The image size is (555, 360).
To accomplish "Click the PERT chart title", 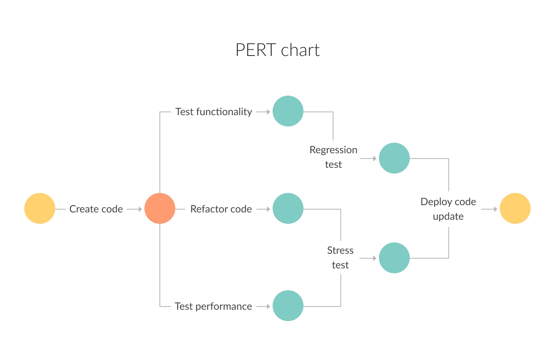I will pos(277,50).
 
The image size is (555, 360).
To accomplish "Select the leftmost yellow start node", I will pos(40,208).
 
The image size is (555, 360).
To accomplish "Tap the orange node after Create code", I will pos(160,208).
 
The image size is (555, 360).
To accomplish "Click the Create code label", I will pos(96,209).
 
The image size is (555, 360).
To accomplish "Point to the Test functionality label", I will pos(214,112).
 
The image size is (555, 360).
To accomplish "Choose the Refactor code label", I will pos(221,209).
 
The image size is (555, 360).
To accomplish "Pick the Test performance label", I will pos(213,306).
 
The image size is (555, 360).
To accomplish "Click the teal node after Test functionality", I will pos(288,111).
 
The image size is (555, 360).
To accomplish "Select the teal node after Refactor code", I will pos(288,208).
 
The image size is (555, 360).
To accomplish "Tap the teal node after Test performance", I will pos(288,306).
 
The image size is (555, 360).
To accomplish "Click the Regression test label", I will pos(333,157).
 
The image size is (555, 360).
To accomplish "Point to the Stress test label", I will pos(340,258).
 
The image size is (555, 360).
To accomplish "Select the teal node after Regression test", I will pos(394,158).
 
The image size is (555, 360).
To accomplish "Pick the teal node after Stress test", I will pos(394,258).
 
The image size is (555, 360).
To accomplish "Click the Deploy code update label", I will pos(448,209).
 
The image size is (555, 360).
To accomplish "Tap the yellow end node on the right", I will pos(515,208).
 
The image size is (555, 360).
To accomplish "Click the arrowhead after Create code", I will pos(140,209).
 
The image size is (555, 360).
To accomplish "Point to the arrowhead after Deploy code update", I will pos(495,209).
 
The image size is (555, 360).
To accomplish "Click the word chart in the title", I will pos(301,50).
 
